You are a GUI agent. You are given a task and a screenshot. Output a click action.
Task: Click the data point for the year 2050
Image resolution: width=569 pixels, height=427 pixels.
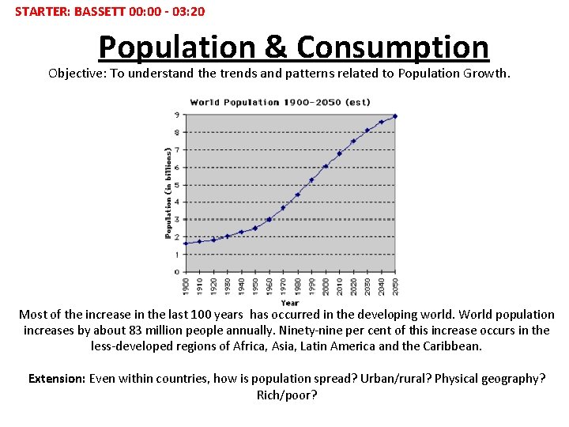point(394,116)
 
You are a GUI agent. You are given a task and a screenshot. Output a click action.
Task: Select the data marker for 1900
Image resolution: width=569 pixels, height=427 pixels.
point(186,244)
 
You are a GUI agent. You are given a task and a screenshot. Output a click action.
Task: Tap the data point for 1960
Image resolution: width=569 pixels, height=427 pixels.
point(269,219)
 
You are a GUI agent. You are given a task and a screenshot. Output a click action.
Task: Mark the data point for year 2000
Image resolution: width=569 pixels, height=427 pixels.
point(325,166)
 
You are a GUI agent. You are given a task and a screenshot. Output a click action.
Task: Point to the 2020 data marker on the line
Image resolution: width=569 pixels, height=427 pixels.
point(353,141)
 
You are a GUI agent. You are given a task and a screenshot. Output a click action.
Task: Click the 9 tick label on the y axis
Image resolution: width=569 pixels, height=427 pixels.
point(176,115)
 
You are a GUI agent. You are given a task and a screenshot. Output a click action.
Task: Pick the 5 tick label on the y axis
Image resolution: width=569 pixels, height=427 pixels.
point(176,185)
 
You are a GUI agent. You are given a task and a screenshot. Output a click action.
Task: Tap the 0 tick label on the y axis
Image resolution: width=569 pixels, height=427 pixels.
point(176,272)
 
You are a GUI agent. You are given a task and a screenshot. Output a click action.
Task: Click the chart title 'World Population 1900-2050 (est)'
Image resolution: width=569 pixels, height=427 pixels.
point(280,102)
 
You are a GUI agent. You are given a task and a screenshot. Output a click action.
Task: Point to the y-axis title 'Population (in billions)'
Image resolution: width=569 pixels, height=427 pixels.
point(168,192)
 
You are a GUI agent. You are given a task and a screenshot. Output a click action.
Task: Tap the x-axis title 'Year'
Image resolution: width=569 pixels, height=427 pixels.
point(290,302)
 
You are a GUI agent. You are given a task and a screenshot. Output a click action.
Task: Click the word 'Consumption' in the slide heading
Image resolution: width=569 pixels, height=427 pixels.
point(393,47)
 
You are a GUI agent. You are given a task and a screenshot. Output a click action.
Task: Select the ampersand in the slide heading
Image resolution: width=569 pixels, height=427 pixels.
point(276,47)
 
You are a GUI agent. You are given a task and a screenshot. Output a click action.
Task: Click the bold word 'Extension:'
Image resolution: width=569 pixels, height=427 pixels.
point(57,378)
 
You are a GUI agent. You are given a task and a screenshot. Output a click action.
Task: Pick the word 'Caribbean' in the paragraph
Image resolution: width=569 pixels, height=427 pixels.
point(453,346)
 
